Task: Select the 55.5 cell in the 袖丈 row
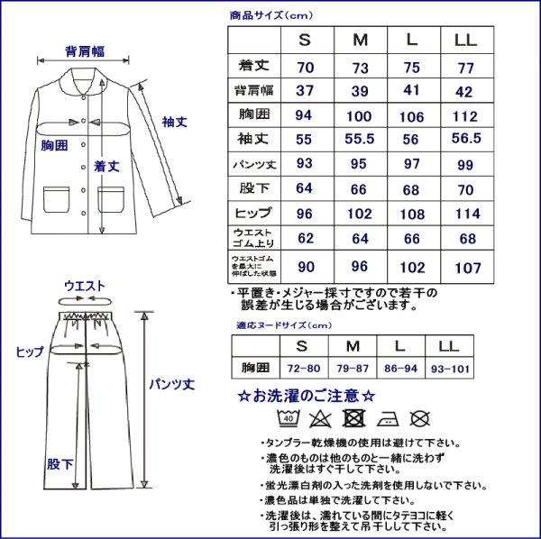[360, 139]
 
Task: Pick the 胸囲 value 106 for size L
[412, 114]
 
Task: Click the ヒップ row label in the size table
[253, 214]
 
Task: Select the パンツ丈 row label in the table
[253, 164]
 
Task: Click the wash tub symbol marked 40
[289, 417]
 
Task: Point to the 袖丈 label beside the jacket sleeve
[174, 121]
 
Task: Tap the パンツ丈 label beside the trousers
[171, 383]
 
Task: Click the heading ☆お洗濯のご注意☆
[306, 396]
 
